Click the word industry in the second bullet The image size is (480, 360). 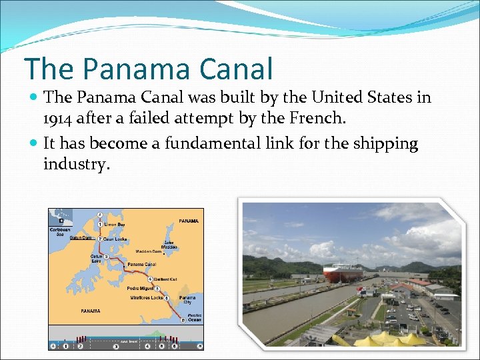coord(75,164)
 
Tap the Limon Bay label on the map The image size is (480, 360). coord(114,225)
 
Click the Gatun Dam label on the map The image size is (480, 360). coord(81,238)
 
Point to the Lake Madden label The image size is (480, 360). coord(170,245)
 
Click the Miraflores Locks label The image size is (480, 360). coord(147,297)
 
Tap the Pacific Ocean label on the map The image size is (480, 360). coord(194,317)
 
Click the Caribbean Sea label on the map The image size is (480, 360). coord(59,233)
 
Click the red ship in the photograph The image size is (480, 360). coord(344,273)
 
